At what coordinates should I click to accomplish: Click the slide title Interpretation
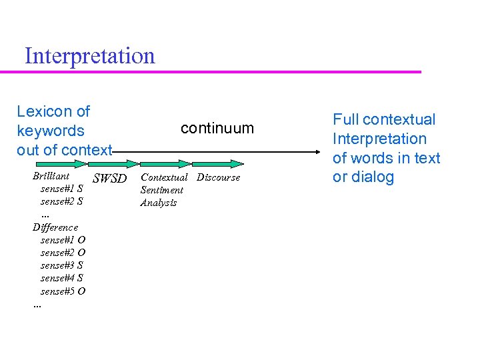click(x=89, y=55)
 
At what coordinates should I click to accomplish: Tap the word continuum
click(x=217, y=128)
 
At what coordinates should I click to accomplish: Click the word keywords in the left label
click(x=51, y=131)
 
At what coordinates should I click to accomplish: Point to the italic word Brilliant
click(x=51, y=176)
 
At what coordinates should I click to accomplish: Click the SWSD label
click(x=109, y=178)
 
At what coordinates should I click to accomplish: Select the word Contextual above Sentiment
click(x=164, y=177)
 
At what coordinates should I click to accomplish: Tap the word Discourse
click(x=218, y=177)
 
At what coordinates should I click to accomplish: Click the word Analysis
click(x=158, y=203)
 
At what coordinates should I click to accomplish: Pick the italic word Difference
click(x=55, y=227)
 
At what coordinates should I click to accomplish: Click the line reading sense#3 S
click(x=62, y=265)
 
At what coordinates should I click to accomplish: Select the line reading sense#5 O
click(x=63, y=291)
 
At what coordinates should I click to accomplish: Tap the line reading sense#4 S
click(x=62, y=278)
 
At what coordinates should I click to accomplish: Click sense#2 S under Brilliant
click(x=62, y=201)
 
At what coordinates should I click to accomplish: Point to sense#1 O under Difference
click(x=63, y=240)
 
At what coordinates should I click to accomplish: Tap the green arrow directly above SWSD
click(x=113, y=163)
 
